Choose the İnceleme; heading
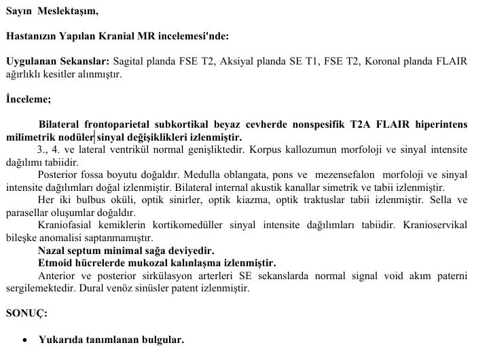coord(28,98)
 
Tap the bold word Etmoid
coord(56,263)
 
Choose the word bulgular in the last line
coord(162,340)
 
